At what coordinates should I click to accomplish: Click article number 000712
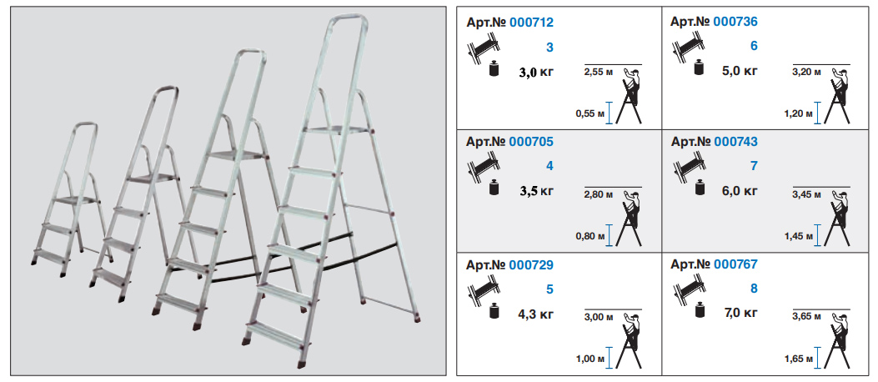[531, 23]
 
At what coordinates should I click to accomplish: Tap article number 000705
[531, 142]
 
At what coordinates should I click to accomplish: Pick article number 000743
[735, 142]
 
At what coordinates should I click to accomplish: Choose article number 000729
[531, 264]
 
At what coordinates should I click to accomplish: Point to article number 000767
[735, 264]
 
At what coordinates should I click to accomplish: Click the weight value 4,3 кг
[536, 313]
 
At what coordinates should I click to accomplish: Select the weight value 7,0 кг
[740, 312]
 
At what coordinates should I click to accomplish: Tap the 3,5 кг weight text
[536, 191]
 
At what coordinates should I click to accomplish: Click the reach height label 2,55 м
[598, 73]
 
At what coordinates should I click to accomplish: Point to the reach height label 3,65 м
[806, 317]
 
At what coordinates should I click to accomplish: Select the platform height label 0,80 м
[590, 236]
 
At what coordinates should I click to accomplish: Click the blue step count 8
[754, 289]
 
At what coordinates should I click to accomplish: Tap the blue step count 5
[549, 289]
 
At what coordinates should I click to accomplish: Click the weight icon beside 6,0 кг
[699, 188]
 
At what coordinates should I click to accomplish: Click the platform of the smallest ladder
[80, 199]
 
